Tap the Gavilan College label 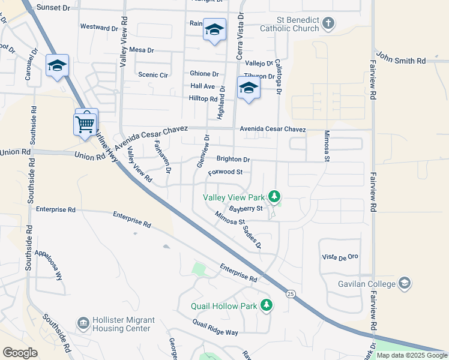coord(366,283)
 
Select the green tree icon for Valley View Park coord(274,196)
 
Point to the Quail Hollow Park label coord(224,306)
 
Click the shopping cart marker coord(85,124)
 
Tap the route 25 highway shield coord(291,293)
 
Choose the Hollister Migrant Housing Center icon coord(83,324)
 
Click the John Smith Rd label coord(402,61)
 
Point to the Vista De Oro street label coord(340,257)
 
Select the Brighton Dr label coord(233,160)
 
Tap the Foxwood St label coord(225,172)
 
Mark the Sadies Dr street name coord(253,236)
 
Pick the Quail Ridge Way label coord(215,328)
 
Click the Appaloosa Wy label coord(49,265)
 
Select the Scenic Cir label coord(152,75)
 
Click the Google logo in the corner coord(20,353)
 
